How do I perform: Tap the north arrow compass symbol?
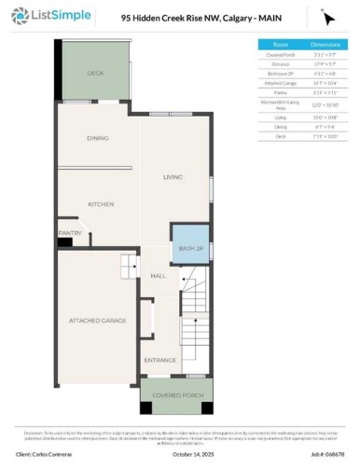(327, 18)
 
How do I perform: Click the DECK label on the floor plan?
(95, 73)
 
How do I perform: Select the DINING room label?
(98, 138)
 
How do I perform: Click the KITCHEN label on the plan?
(101, 204)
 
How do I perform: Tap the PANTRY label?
(70, 233)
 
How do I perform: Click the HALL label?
(159, 276)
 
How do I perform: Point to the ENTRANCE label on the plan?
(159, 359)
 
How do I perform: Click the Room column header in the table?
(280, 44)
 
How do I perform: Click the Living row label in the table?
(280, 117)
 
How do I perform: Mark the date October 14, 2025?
(179, 454)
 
